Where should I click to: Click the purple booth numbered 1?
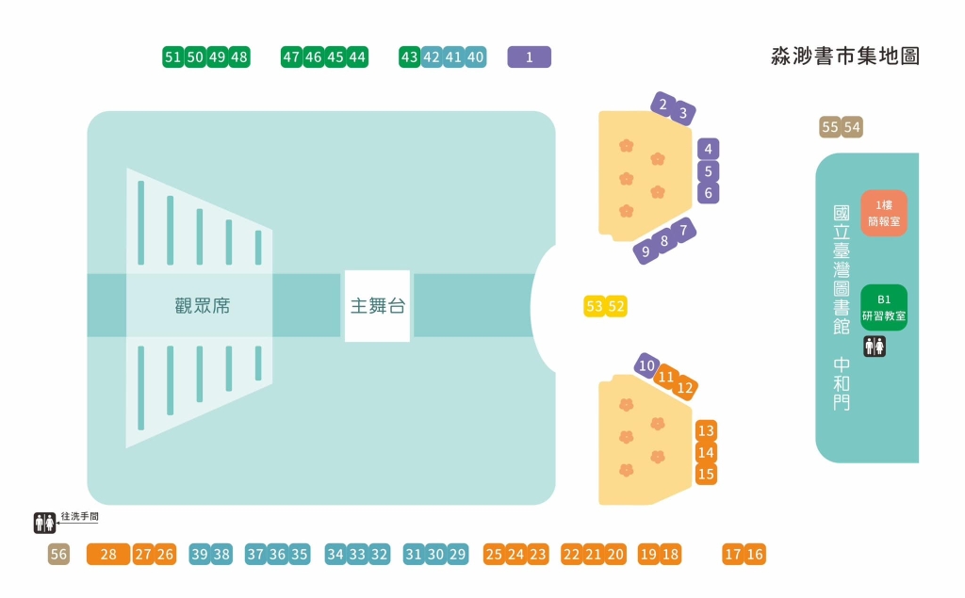pyautogui.click(x=529, y=57)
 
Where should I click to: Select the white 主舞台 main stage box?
pyautogui.click(x=377, y=306)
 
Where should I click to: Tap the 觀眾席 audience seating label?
pyautogui.click(x=202, y=306)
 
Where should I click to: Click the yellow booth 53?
pyautogui.click(x=595, y=306)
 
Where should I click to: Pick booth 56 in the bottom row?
pyautogui.click(x=58, y=555)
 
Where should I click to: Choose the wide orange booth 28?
pyautogui.click(x=107, y=555)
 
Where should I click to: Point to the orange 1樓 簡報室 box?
pyautogui.click(x=883, y=213)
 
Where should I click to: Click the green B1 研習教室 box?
pyautogui.click(x=883, y=308)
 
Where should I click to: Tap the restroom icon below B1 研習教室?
pyautogui.click(x=874, y=347)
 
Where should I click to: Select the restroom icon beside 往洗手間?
pyautogui.click(x=44, y=523)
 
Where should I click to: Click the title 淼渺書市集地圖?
pyautogui.click(x=844, y=57)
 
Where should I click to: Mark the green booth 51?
pyautogui.click(x=172, y=57)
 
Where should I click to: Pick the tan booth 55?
pyautogui.click(x=830, y=127)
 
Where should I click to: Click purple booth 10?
pyautogui.click(x=646, y=365)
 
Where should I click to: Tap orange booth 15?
pyautogui.click(x=706, y=475)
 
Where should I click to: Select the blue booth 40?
pyautogui.click(x=476, y=57)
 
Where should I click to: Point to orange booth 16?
pyautogui.click(x=755, y=555)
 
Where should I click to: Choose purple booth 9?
pyautogui.click(x=646, y=251)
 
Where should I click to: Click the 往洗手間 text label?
pyautogui.click(x=79, y=517)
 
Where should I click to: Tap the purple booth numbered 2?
pyautogui.click(x=663, y=104)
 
